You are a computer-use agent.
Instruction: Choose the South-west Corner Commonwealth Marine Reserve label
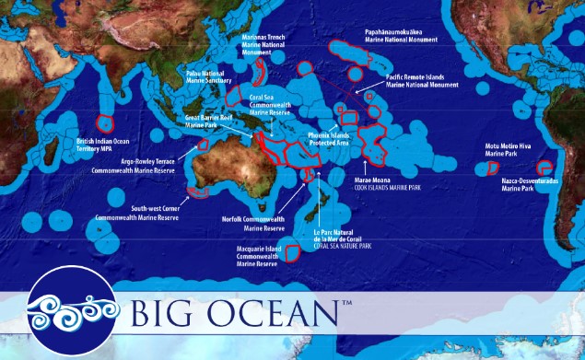pyautogui.click(x=136, y=214)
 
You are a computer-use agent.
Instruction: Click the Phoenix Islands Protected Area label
pyautogui.click(x=329, y=139)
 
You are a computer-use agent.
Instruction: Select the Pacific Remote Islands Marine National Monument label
pyautogui.click(x=422, y=81)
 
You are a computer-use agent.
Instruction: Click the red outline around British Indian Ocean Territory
pyautogui.click(x=104, y=123)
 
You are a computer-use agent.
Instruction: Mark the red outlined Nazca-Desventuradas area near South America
pyautogui.click(x=544, y=168)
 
